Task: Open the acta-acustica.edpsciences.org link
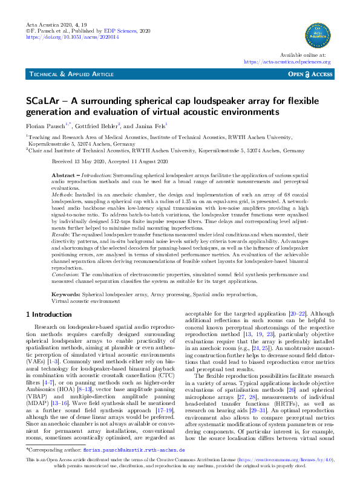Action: tap(287, 61)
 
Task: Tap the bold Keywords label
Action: tap(65, 293)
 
